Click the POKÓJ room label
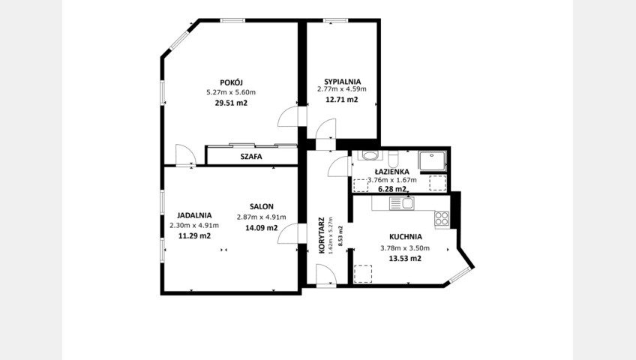tap(231, 82)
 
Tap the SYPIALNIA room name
tap(342, 82)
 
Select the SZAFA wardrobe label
tap(251, 157)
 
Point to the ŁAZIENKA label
tap(391, 172)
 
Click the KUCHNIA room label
tap(406, 237)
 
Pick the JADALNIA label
tap(194, 216)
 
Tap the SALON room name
tap(262, 207)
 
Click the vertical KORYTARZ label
tap(322, 236)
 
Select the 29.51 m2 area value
tap(231, 103)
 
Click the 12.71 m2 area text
tap(342, 100)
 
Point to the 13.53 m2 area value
tap(405, 259)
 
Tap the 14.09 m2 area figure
tap(261, 228)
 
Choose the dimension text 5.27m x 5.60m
tap(231, 92)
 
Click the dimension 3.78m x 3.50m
tap(405, 248)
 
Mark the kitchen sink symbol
tap(401, 203)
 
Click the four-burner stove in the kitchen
tap(442, 218)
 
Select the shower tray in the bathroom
tap(433, 161)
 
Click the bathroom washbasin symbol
tap(370, 155)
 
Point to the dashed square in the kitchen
tap(363, 274)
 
